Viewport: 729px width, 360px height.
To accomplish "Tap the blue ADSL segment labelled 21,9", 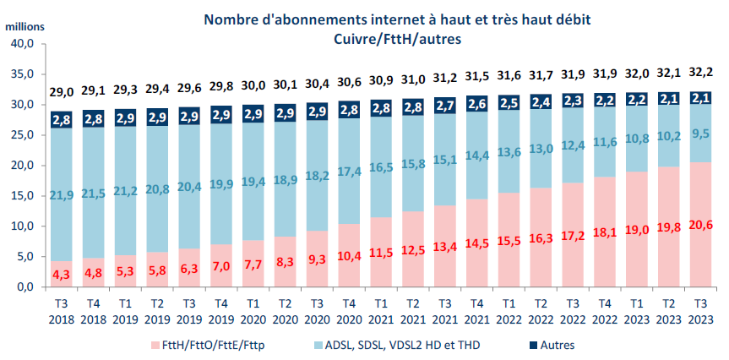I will pos(61,195).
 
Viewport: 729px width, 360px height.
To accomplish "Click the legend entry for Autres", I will pos(556,345).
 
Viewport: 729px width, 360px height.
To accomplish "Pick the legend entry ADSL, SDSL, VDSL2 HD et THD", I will pos(396,345).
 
